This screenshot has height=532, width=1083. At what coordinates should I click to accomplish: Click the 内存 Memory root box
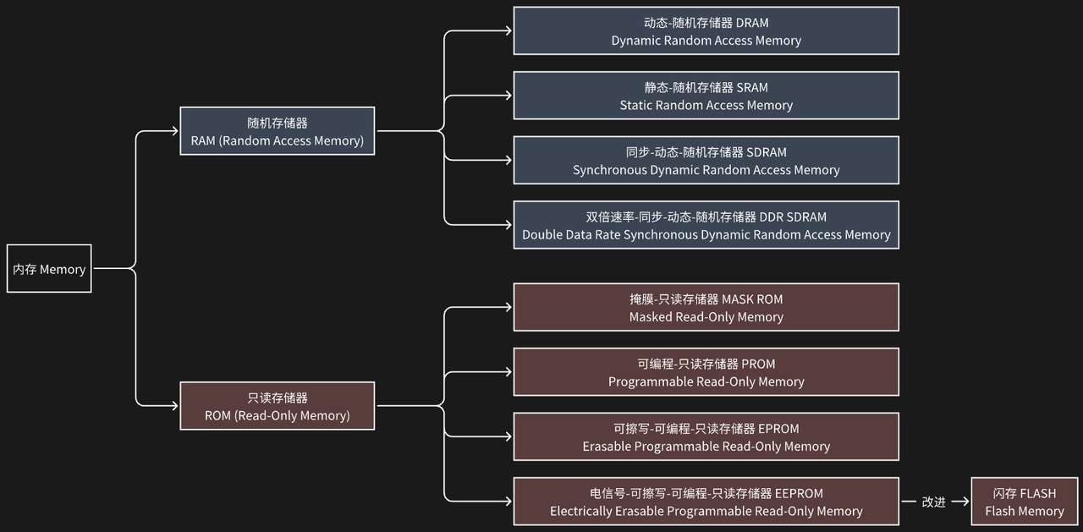click(x=49, y=269)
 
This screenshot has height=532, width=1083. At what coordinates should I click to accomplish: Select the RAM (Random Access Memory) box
click(x=278, y=131)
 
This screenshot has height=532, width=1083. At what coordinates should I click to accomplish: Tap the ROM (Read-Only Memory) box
click(x=278, y=406)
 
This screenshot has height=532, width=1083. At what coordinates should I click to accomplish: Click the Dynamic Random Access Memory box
click(x=706, y=31)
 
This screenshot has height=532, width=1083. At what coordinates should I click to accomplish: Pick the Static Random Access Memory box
click(x=706, y=96)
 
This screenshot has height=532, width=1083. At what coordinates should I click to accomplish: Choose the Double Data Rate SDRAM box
click(x=706, y=225)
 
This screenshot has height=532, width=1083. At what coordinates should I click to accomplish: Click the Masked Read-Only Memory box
click(x=706, y=307)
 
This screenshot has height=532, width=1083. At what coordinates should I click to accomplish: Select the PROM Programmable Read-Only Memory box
click(x=706, y=372)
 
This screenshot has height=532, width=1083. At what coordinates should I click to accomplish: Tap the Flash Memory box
click(x=1024, y=502)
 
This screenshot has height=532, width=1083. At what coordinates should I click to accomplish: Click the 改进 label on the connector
click(x=933, y=502)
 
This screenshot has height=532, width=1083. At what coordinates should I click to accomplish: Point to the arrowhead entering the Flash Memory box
click(x=965, y=502)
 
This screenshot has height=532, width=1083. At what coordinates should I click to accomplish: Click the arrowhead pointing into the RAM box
click(x=174, y=131)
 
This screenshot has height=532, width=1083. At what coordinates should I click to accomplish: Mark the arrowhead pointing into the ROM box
click(x=174, y=406)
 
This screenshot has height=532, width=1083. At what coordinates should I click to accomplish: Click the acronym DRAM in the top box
click(x=752, y=23)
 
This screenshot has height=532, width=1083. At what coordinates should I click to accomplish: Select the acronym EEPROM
click(x=799, y=493)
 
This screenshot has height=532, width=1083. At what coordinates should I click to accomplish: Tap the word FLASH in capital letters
click(x=1038, y=493)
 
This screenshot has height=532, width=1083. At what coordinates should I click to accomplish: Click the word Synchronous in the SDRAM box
click(x=609, y=170)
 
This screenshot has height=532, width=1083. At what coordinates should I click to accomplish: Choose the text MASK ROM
click(x=752, y=299)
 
